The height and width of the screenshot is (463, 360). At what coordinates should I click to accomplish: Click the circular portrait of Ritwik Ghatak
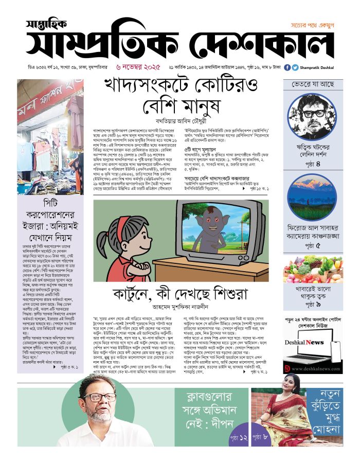pyautogui.click(x=312, y=115)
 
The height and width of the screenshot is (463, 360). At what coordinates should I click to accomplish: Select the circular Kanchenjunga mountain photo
pyautogui.click(x=312, y=197)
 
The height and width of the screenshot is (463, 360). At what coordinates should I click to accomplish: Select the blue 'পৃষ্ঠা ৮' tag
pyautogui.click(x=265, y=436)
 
